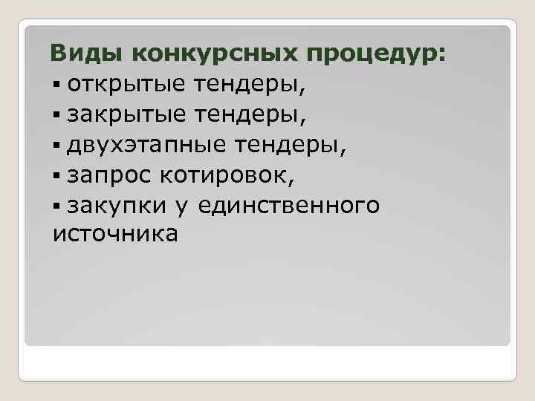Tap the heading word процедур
pos(378,55)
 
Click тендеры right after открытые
pos(241,85)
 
